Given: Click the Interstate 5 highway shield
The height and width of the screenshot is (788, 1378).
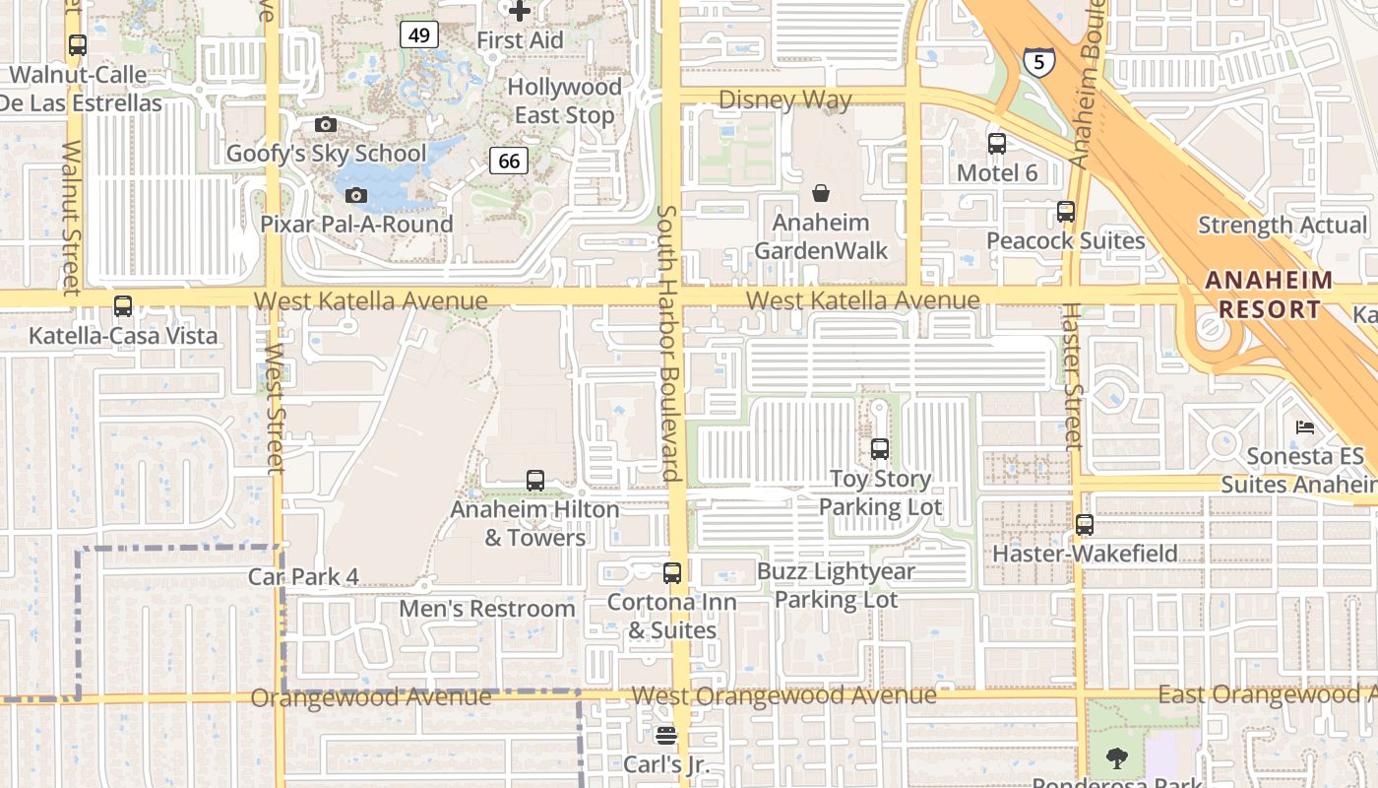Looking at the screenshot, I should click(x=1038, y=61).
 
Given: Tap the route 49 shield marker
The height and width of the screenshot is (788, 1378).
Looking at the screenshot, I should click(x=419, y=35).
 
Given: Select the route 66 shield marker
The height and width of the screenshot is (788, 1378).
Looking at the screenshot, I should click(x=508, y=161).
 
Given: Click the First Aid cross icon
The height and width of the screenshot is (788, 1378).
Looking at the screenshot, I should click(x=520, y=12).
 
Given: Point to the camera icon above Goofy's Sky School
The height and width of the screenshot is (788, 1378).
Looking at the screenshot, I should click(x=326, y=125).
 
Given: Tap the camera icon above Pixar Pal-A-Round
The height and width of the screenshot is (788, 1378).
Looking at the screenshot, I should click(x=356, y=196).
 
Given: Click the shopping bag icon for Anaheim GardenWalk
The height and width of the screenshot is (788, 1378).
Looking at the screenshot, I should click(x=821, y=193).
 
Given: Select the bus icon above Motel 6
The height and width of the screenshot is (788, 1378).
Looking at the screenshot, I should click(x=997, y=144).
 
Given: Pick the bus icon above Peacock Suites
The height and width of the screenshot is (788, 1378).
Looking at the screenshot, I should click(x=1065, y=212).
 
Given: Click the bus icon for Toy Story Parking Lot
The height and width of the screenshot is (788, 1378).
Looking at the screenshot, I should click(x=880, y=449).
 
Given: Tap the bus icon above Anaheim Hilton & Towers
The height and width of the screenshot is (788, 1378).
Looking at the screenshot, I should click(x=535, y=481).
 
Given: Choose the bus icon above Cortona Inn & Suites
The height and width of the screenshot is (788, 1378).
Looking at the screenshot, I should click(x=672, y=572).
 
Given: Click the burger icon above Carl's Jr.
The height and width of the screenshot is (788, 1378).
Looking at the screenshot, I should click(x=666, y=736).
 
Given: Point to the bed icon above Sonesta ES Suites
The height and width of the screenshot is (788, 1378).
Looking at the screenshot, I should click(x=1305, y=427).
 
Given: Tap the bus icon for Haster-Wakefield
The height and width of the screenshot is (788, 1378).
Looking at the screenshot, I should click(x=1085, y=525).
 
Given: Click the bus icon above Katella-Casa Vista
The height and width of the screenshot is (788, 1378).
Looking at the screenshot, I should click(x=123, y=306).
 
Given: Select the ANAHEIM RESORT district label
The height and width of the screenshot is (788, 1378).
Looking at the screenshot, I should click(x=1270, y=295).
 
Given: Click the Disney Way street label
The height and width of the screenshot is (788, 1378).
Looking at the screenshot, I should click(x=784, y=99).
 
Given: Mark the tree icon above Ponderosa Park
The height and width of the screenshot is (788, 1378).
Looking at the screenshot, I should click(x=1116, y=757).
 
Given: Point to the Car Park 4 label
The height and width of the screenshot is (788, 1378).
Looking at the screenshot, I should click(x=303, y=577).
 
